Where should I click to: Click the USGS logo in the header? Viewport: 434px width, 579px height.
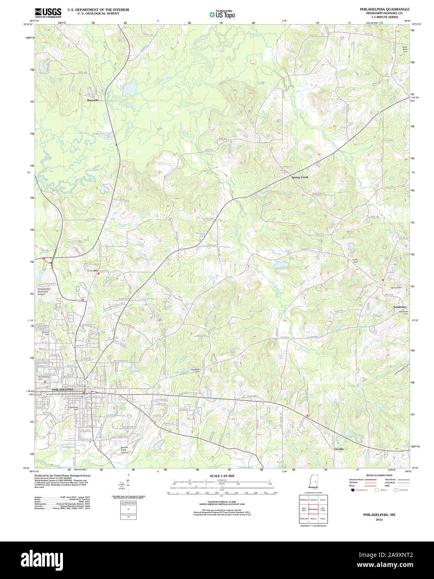pyautogui.click(x=48, y=12)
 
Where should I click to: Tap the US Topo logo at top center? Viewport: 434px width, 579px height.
pyautogui.click(x=222, y=15)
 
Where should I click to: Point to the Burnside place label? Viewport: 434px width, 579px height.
pyautogui.click(x=93, y=100)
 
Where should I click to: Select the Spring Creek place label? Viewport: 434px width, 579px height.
pyautogui.click(x=299, y=177)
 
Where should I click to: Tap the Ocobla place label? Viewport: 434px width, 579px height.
pyautogui.click(x=339, y=449)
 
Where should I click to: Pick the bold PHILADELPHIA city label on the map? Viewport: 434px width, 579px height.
pyautogui.click(x=63, y=389)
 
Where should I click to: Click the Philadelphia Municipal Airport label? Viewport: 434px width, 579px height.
pyautogui.click(x=43, y=291)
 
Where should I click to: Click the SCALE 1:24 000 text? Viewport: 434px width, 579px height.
pyautogui.click(x=222, y=476)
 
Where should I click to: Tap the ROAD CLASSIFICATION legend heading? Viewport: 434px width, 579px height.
pyautogui.click(x=379, y=475)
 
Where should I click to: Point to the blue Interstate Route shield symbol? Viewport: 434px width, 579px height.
pyautogui.click(x=352, y=490)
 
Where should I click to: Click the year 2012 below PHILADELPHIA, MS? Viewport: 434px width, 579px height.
pyautogui.click(x=379, y=520)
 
